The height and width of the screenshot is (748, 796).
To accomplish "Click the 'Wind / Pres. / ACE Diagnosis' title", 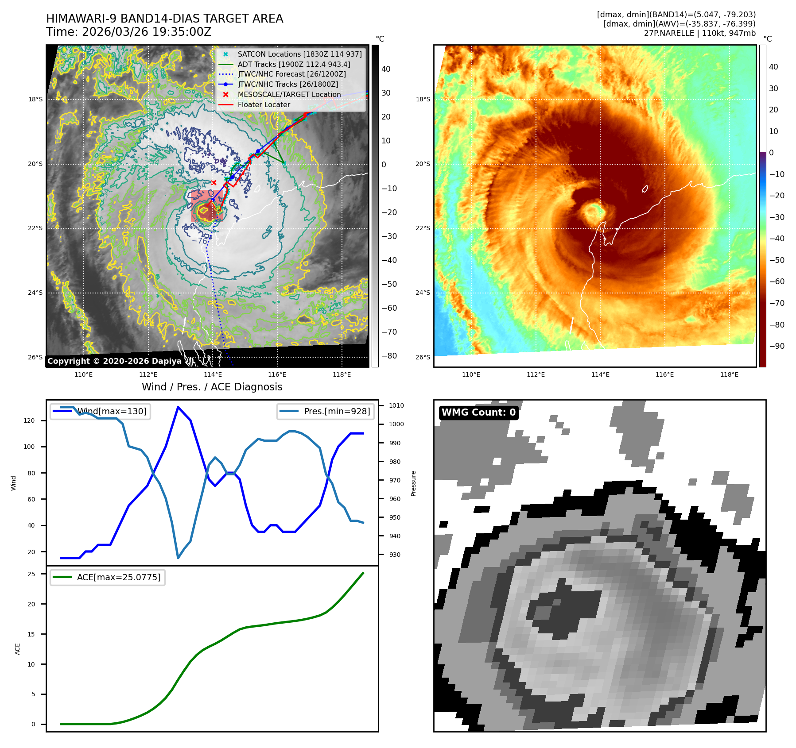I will click(x=212, y=387).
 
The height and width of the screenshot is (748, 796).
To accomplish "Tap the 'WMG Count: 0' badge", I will click(x=478, y=413).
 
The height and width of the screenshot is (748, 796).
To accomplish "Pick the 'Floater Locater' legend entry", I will click(x=264, y=105).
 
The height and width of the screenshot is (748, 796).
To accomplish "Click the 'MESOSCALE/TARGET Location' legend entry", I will click(x=289, y=95).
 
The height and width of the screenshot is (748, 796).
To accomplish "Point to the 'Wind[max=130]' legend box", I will click(x=100, y=411).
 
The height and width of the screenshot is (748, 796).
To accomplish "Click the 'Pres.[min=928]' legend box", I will click(x=326, y=411).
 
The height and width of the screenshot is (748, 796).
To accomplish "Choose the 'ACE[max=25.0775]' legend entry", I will click(x=108, y=577).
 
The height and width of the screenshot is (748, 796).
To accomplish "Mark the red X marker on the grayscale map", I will click(x=214, y=182).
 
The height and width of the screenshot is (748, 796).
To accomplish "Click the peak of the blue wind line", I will click(x=178, y=407).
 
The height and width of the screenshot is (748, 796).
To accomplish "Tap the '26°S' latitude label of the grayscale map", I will click(x=35, y=357).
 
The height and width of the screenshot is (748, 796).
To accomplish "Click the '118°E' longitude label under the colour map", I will click(x=729, y=374).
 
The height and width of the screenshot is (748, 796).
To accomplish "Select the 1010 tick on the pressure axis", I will click(x=396, y=405).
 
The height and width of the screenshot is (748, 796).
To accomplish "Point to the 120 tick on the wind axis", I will click(x=29, y=420).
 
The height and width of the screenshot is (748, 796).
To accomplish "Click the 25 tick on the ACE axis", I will click(x=31, y=574).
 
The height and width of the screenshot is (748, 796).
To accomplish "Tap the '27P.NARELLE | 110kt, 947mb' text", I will click(x=699, y=33).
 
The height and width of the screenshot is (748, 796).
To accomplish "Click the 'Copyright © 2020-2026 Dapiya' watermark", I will click(x=114, y=361).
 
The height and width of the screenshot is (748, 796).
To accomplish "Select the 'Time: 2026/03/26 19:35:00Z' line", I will click(x=129, y=32).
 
